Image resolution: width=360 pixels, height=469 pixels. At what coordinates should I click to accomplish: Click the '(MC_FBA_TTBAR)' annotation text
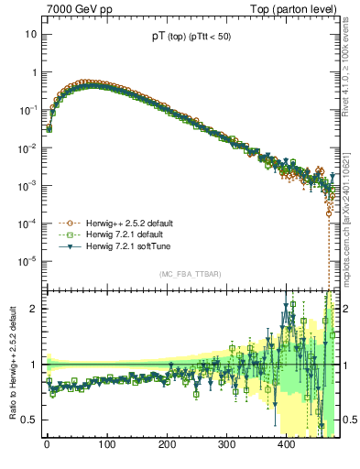tap(189, 274)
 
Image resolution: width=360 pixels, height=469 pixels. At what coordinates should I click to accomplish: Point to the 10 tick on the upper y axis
tap(30, 34)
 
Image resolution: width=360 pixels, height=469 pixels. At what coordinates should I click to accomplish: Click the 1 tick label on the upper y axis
tap(33, 71)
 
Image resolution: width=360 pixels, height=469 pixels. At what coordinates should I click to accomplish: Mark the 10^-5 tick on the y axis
tap(28, 261)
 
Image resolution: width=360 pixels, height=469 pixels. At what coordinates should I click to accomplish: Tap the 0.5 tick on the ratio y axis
tap(29, 420)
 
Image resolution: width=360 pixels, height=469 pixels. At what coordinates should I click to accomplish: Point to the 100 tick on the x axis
tap(107, 448)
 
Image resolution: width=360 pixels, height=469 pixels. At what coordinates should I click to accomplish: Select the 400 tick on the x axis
tap(287, 448)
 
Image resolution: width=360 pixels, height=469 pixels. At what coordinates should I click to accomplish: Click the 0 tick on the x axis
tap(47, 448)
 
